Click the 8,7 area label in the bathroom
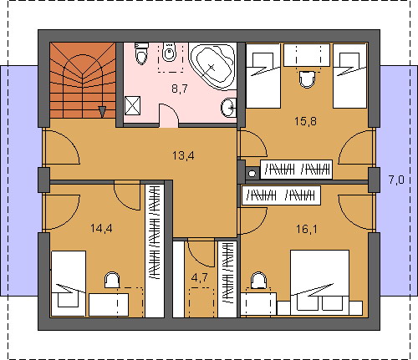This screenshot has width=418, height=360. tap(180, 89)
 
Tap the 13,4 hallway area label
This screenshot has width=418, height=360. tap(183, 155)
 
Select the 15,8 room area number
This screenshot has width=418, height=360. tap(306, 121)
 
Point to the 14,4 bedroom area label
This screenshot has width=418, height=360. tap(101, 229)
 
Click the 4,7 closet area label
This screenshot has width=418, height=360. tap(200, 277)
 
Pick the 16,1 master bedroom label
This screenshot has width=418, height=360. tap(307, 230)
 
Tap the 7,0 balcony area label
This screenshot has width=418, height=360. tap(396, 180)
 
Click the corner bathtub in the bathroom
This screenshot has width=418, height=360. tap(213, 66)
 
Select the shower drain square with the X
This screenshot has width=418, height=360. tap(132, 105)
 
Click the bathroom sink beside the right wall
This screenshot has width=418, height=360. tap(229, 107)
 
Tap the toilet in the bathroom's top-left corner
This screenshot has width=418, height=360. tap(141, 53)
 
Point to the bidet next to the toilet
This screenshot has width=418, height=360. tap(169, 52)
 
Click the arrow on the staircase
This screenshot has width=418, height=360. tap(103, 112)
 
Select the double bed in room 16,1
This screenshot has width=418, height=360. tap(320, 282)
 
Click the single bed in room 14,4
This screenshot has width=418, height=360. tap(69, 283)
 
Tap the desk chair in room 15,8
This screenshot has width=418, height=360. tap(307, 79)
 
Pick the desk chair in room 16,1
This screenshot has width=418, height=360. tap(258, 280)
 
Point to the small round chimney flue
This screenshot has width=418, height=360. tap(252, 174)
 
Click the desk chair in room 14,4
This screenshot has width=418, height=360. tap(112, 280)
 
